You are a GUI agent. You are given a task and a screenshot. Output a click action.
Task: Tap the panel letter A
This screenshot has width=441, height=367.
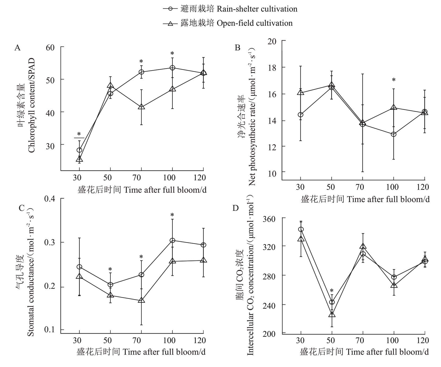click(x=18, y=48)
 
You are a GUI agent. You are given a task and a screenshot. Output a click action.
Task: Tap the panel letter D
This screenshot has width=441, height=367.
click(x=235, y=208)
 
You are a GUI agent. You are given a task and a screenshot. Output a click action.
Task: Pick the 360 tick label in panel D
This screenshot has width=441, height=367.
click(x=270, y=219)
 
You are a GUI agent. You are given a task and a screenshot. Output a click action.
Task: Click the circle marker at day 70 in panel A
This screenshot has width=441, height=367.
click(x=141, y=72)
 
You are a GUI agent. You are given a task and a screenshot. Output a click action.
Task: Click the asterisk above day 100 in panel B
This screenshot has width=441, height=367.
click(x=394, y=80)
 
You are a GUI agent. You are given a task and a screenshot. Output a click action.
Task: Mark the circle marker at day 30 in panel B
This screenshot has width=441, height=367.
click(x=301, y=115)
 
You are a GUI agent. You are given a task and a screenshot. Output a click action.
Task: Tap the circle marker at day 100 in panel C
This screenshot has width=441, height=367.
click(x=172, y=241)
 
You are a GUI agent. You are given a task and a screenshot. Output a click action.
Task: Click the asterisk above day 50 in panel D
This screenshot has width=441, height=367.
click(x=332, y=291)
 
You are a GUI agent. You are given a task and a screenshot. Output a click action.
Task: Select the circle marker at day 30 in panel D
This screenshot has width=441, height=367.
click(x=301, y=229)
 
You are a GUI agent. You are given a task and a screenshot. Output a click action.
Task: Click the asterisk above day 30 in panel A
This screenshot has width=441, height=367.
click(x=79, y=134)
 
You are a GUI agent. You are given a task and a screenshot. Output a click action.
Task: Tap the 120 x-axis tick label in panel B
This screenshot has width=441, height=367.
click(x=423, y=187)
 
